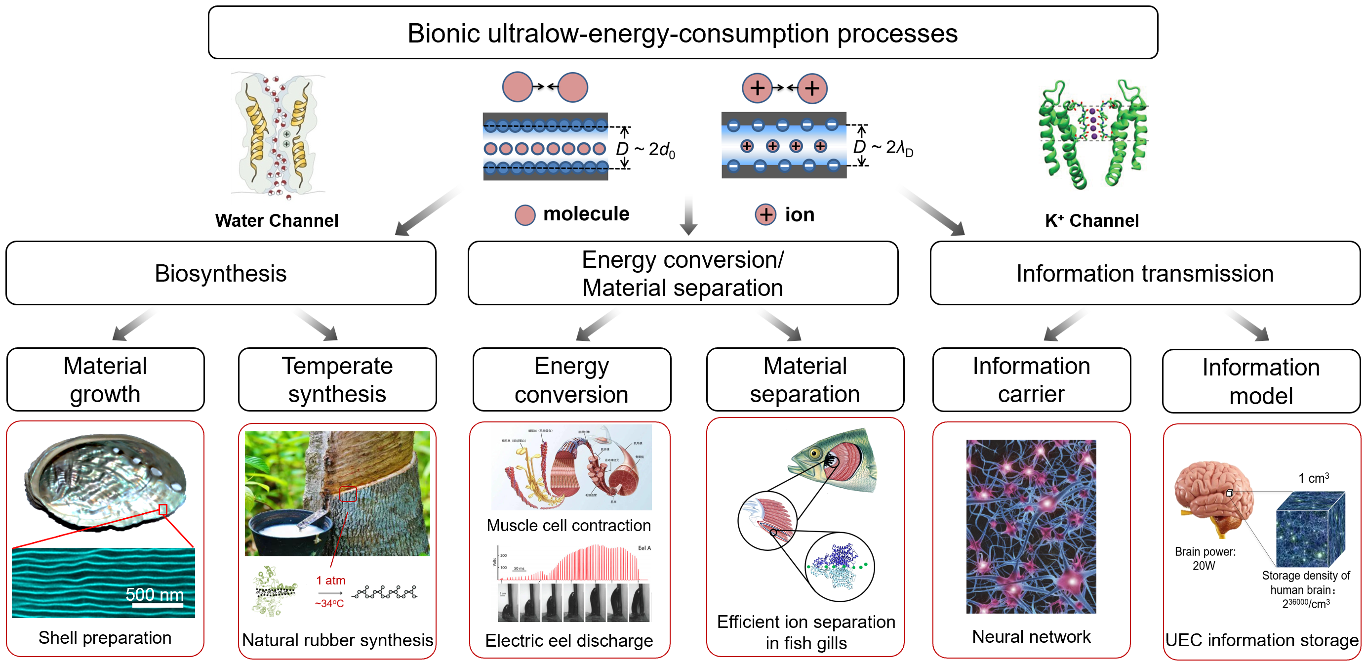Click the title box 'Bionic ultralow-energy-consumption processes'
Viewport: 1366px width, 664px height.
point(683,33)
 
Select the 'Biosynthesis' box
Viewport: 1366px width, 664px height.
point(221,273)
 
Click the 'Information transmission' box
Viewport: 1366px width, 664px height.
point(1144,273)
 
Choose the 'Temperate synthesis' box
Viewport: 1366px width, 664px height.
point(337,380)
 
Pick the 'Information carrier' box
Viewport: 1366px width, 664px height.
point(1031,380)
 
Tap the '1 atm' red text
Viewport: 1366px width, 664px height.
point(330,580)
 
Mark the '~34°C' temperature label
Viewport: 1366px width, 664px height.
point(329,604)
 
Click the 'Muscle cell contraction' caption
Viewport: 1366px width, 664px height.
point(568,526)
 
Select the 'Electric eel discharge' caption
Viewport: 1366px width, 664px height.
point(568,641)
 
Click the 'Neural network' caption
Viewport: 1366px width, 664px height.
point(1031,636)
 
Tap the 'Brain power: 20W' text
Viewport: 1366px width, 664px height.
point(1205,558)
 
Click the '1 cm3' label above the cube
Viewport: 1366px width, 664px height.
point(1313,478)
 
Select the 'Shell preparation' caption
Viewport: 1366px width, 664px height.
point(105,637)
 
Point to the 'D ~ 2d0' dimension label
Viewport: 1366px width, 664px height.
point(645,150)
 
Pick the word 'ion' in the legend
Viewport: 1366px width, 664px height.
point(799,215)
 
